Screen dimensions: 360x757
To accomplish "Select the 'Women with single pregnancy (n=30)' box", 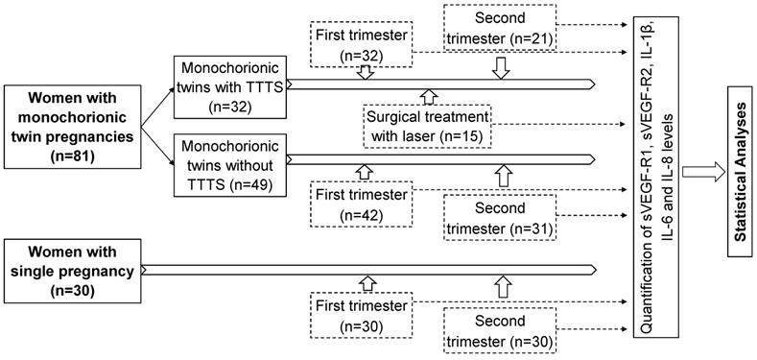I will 71,270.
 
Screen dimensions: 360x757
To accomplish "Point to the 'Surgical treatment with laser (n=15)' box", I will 428,125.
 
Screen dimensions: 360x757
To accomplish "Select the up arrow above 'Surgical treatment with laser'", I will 429,95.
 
